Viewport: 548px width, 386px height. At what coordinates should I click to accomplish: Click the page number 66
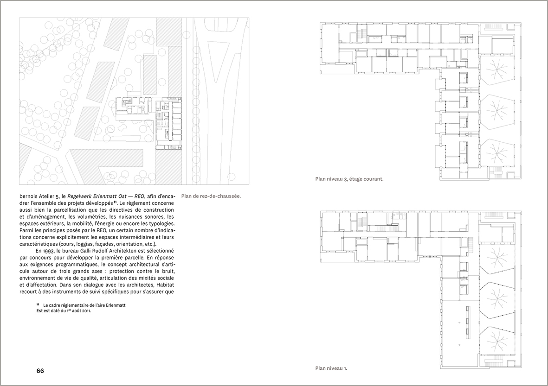40,371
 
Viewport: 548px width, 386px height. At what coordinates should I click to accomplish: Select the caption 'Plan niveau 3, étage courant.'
349,179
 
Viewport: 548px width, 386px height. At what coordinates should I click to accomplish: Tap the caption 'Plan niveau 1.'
331,369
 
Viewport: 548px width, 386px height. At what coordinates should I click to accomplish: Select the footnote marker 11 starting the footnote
38,305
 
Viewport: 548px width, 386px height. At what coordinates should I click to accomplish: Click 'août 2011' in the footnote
80,311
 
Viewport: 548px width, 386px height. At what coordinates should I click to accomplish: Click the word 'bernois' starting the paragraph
29,196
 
